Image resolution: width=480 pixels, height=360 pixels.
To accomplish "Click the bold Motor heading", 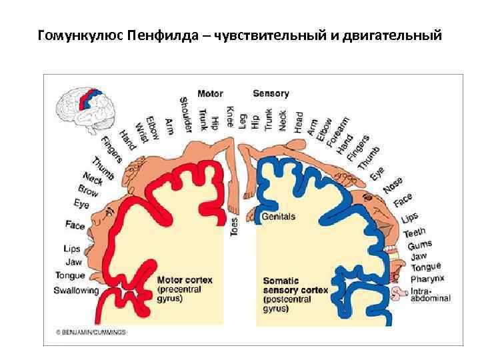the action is coord(210,94).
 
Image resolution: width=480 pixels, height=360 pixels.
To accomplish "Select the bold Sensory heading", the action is coord(271,94).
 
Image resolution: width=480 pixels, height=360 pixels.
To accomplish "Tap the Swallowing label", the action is coord(76,291).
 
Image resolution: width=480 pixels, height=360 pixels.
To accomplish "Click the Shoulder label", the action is coord(185,115).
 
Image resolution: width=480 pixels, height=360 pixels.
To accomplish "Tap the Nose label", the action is coord(393,185).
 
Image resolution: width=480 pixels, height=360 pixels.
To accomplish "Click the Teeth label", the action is coord(414,233).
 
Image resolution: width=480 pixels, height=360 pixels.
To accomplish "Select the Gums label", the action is coord(421,245).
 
